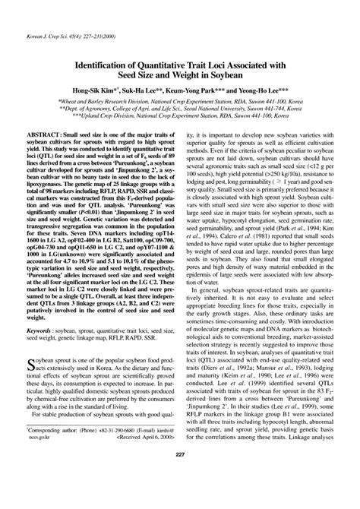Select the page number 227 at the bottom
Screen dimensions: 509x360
(180, 497)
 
